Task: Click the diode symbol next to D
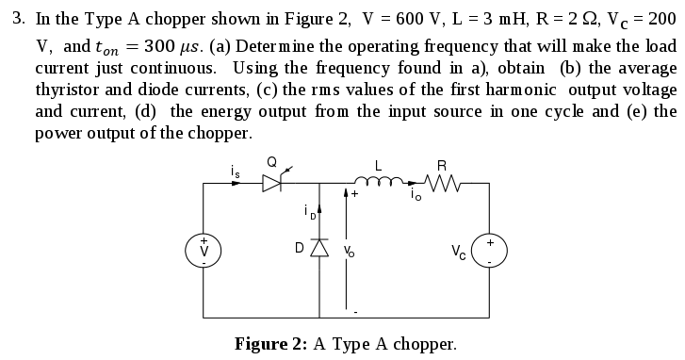coord(320,249)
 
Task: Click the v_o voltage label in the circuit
coord(350,251)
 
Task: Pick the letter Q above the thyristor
coord(271,163)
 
